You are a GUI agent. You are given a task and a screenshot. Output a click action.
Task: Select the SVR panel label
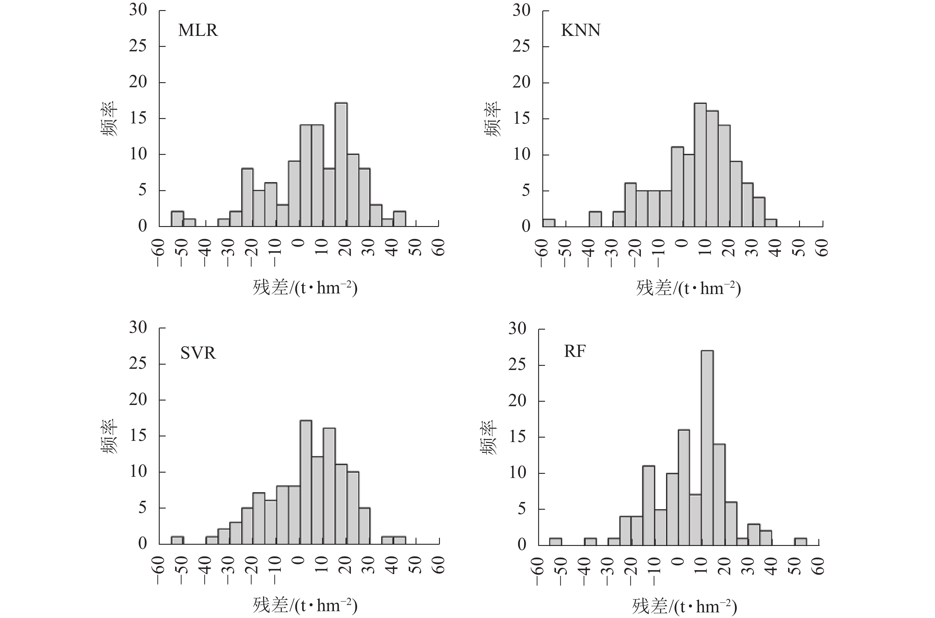click(x=198, y=353)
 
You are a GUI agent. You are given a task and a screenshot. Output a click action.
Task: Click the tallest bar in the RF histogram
click(x=707, y=447)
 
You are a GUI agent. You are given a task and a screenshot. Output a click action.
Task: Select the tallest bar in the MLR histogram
click(x=341, y=165)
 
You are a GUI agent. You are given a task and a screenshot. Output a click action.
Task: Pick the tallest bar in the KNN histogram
click(x=700, y=165)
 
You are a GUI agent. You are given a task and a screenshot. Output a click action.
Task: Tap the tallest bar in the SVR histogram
click(x=306, y=482)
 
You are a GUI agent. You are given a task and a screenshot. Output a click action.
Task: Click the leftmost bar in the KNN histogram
click(x=549, y=223)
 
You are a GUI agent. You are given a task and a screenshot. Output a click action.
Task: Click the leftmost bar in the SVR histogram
click(x=177, y=540)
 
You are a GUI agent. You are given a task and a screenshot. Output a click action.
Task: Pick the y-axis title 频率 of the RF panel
click(x=489, y=438)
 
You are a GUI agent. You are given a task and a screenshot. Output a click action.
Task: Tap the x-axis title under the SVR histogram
click(x=305, y=605)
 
